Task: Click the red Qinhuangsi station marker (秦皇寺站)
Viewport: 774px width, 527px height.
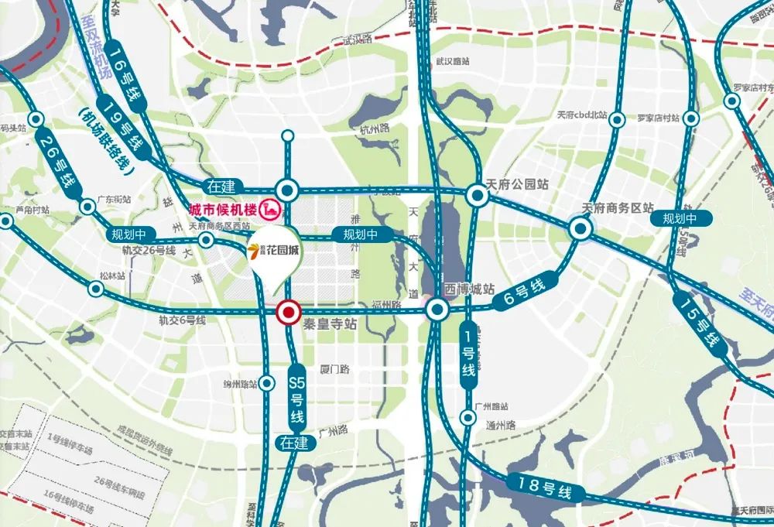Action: coord(289,312)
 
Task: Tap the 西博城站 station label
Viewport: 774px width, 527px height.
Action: coord(470,289)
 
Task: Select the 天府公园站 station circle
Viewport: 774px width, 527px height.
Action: coord(477,195)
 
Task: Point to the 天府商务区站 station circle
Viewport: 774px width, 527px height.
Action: coord(580,228)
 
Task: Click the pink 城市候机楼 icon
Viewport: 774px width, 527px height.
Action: coord(271,210)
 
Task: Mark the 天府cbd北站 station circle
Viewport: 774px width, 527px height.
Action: coord(618,120)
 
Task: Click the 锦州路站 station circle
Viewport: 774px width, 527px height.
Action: coord(268,383)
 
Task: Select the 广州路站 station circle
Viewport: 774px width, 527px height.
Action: coord(467,418)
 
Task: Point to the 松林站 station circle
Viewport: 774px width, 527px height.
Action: coord(96,289)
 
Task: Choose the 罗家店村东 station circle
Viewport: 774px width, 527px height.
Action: coord(731,101)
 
